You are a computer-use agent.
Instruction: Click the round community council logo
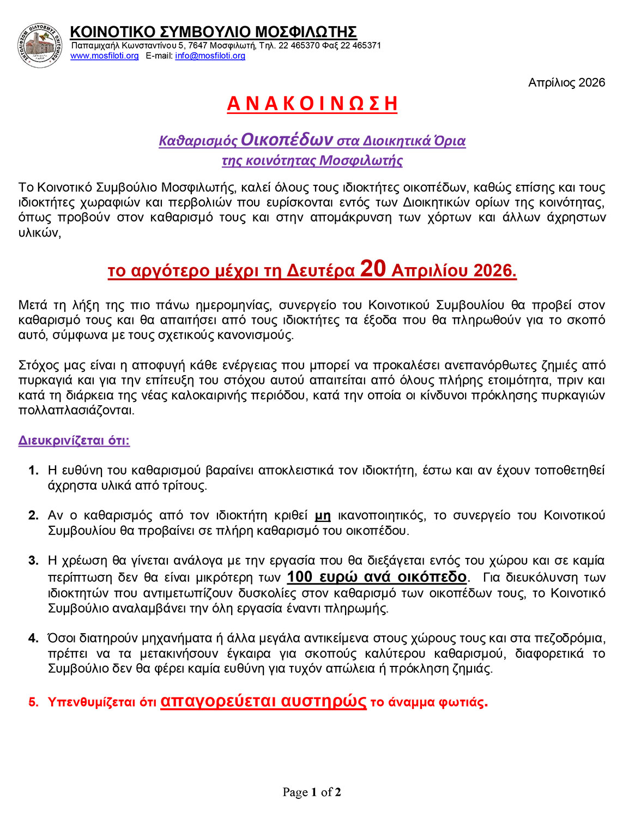[39, 46]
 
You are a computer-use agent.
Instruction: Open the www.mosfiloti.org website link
[104, 56]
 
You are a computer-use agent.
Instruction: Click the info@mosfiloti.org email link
[210, 56]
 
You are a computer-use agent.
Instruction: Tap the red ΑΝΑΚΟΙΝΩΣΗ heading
[312, 104]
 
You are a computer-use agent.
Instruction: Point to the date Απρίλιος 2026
[566, 82]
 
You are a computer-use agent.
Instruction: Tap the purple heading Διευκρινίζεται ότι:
[74, 440]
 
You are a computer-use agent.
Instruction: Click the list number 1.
[34, 470]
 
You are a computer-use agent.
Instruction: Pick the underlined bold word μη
[323, 515]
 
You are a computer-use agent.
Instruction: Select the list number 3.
[34, 561]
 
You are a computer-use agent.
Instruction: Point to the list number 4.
[34, 638]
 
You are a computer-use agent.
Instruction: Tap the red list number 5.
[34, 702]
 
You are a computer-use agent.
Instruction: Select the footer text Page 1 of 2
[312, 792]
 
